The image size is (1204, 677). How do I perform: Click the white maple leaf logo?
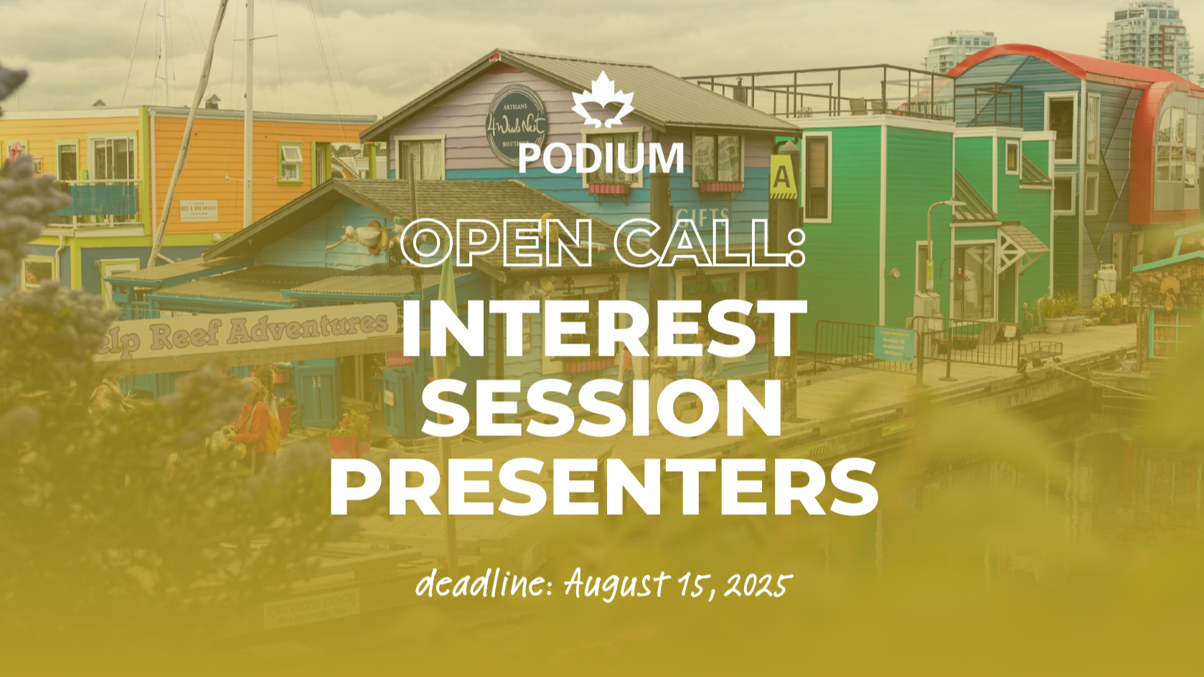603,100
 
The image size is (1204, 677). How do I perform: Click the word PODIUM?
601,158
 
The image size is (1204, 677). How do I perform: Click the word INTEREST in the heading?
603,328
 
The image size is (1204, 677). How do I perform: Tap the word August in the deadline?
617,585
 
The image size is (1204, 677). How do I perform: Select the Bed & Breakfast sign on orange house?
199,210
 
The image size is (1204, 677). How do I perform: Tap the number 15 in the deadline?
691,584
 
